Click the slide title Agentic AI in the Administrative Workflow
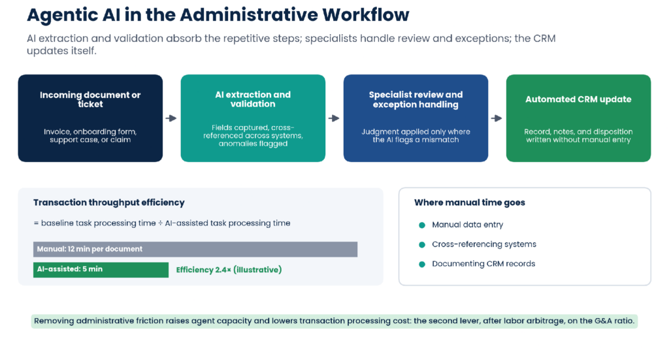(x=218, y=15)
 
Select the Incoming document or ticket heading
(x=90, y=99)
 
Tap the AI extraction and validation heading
(x=253, y=99)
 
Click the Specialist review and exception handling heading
(x=416, y=99)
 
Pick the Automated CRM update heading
(x=578, y=99)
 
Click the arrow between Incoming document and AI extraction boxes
(x=171, y=118)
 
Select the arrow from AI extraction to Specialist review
(x=334, y=118)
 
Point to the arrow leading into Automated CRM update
(x=497, y=118)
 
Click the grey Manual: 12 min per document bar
(x=195, y=249)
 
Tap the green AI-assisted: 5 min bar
(x=101, y=270)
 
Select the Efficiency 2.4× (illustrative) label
(x=229, y=270)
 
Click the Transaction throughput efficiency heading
(x=109, y=203)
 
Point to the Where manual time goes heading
(x=469, y=203)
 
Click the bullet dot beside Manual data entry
(x=422, y=225)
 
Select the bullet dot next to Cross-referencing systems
(x=422, y=245)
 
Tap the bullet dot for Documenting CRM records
(x=422, y=265)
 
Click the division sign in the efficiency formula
(x=161, y=223)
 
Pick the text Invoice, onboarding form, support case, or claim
(x=90, y=136)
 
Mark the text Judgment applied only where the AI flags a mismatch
(x=416, y=136)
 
